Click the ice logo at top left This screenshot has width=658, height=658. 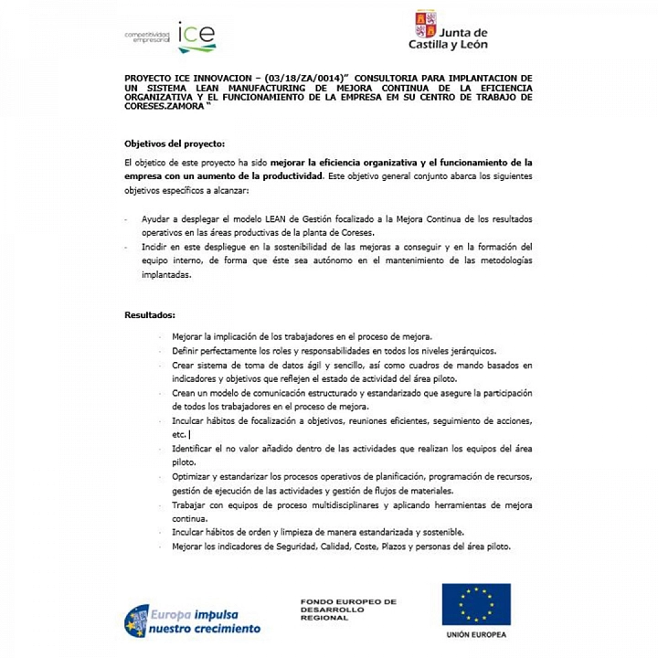tap(196, 37)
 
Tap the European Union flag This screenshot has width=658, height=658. tap(476, 604)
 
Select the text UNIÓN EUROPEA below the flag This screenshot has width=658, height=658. tap(476, 634)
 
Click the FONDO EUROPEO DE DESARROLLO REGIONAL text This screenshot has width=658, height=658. tap(348, 610)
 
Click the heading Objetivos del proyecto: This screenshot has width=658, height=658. tap(174, 143)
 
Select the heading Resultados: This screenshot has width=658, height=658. tap(150, 315)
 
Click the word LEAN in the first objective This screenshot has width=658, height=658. tap(255, 219)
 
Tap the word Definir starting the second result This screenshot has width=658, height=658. tap(186, 350)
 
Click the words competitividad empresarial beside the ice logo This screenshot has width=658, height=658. tap(147, 37)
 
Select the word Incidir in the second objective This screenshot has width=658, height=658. tap(156, 247)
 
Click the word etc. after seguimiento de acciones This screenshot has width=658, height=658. tap(178, 435)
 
